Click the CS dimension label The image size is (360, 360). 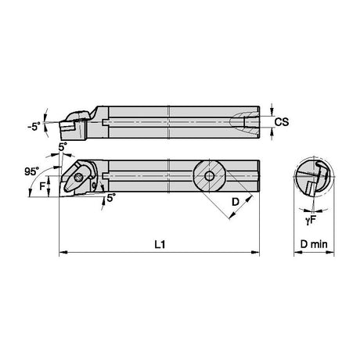pyautogui.click(x=282, y=122)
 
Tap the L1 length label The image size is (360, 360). pyautogui.click(x=160, y=244)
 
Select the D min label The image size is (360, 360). pyautogui.click(x=314, y=244)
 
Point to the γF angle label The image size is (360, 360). pyautogui.click(x=311, y=221)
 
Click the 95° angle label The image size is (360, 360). pyautogui.click(x=31, y=171)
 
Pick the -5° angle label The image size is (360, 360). pyautogui.click(x=34, y=127)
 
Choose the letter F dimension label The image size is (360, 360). pyautogui.click(x=42, y=186)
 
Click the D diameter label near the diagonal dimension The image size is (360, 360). pyautogui.click(x=236, y=202)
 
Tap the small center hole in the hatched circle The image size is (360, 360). pyautogui.click(x=209, y=176)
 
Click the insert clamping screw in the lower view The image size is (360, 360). pyautogui.click(x=78, y=178)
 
